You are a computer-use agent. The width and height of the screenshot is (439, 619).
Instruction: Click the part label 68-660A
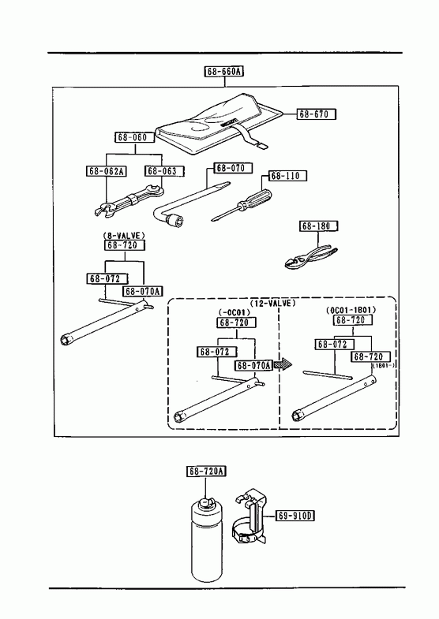[224, 72]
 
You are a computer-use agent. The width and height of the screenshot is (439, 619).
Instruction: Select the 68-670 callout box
[316, 114]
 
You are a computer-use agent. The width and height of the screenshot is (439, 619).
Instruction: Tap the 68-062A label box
[106, 171]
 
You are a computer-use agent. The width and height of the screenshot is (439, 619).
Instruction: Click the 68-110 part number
[287, 176]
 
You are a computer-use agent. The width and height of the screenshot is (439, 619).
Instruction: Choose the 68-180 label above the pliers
[318, 226]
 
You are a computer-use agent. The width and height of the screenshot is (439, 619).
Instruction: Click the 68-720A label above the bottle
[206, 472]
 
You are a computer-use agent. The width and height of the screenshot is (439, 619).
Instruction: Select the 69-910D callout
[295, 516]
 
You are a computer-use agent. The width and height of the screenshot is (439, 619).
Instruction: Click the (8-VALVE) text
[124, 235]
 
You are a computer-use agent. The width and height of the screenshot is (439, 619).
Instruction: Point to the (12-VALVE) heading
[272, 303]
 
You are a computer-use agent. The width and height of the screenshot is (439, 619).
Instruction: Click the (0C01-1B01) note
[351, 311]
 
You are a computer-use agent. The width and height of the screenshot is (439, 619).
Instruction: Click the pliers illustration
[312, 257]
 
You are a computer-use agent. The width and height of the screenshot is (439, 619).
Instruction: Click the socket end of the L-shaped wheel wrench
[174, 222]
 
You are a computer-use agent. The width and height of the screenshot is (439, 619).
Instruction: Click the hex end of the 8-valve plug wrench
[66, 340]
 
